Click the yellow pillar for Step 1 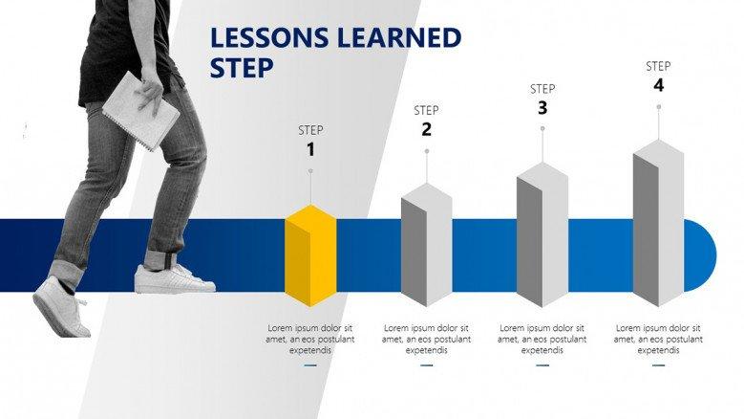point(310,255)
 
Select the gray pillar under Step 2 point(427,245)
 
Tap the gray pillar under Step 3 point(542,234)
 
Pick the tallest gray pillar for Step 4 point(659,223)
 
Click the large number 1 point(310,149)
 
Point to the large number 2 point(427,129)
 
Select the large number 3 point(542,108)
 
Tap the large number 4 point(659,85)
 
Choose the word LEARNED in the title point(399,37)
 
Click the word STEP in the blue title point(242,68)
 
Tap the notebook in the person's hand point(141,111)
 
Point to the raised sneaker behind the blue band point(61,309)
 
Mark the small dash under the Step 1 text point(310,365)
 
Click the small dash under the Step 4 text point(659,365)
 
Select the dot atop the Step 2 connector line point(427,151)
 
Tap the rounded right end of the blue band point(701,255)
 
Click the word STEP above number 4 point(658,67)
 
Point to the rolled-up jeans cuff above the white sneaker point(161,259)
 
